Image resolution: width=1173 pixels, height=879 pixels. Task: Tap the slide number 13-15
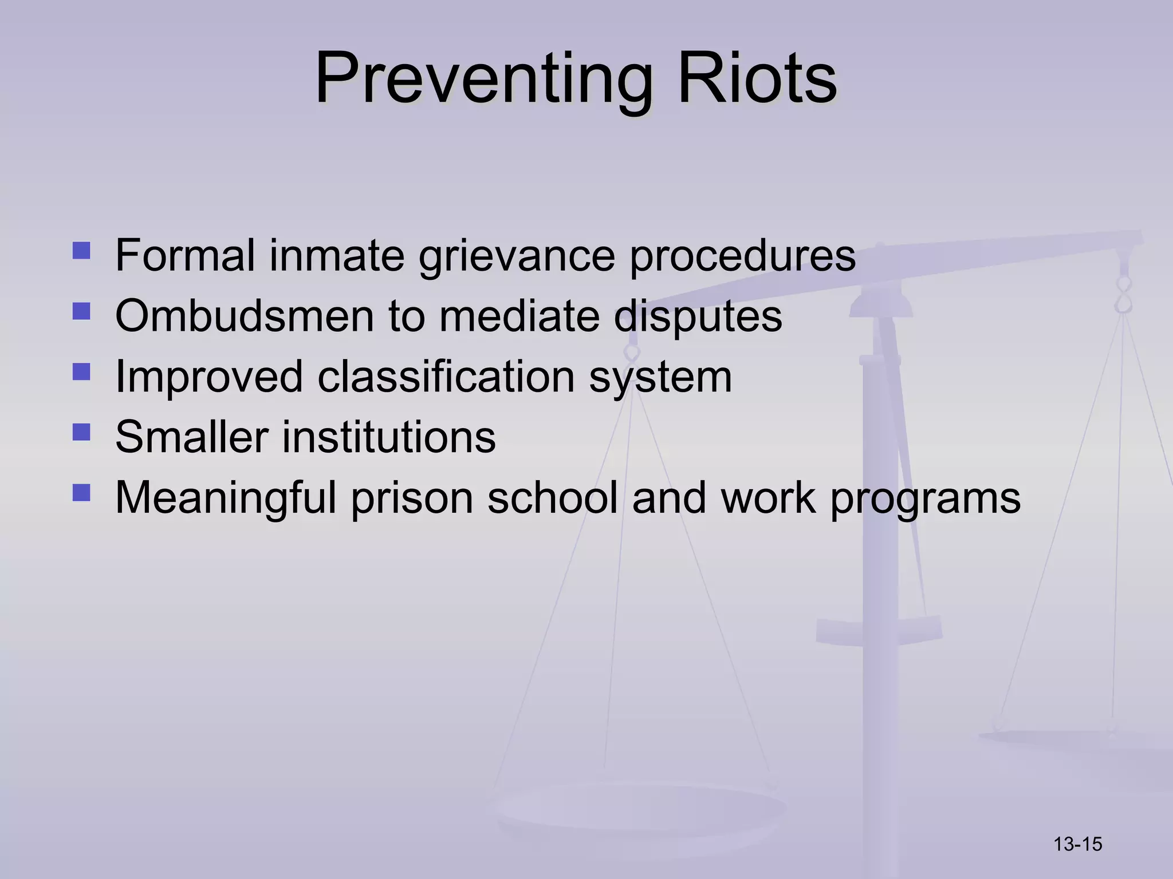coord(1077,844)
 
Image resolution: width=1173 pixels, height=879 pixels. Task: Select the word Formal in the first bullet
coord(184,255)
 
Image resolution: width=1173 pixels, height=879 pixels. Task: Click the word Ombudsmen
coord(244,315)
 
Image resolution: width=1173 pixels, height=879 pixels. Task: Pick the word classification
coord(446,377)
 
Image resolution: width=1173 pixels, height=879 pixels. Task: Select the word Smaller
coord(191,437)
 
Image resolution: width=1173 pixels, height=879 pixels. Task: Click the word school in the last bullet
coord(552,498)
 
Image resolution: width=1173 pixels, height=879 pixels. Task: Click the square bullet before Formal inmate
coord(81,251)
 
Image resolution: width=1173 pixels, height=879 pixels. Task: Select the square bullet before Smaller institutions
coord(81,432)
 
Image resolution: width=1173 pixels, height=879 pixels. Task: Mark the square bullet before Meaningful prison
coord(81,493)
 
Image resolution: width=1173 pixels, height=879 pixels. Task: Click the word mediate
coord(519,316)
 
